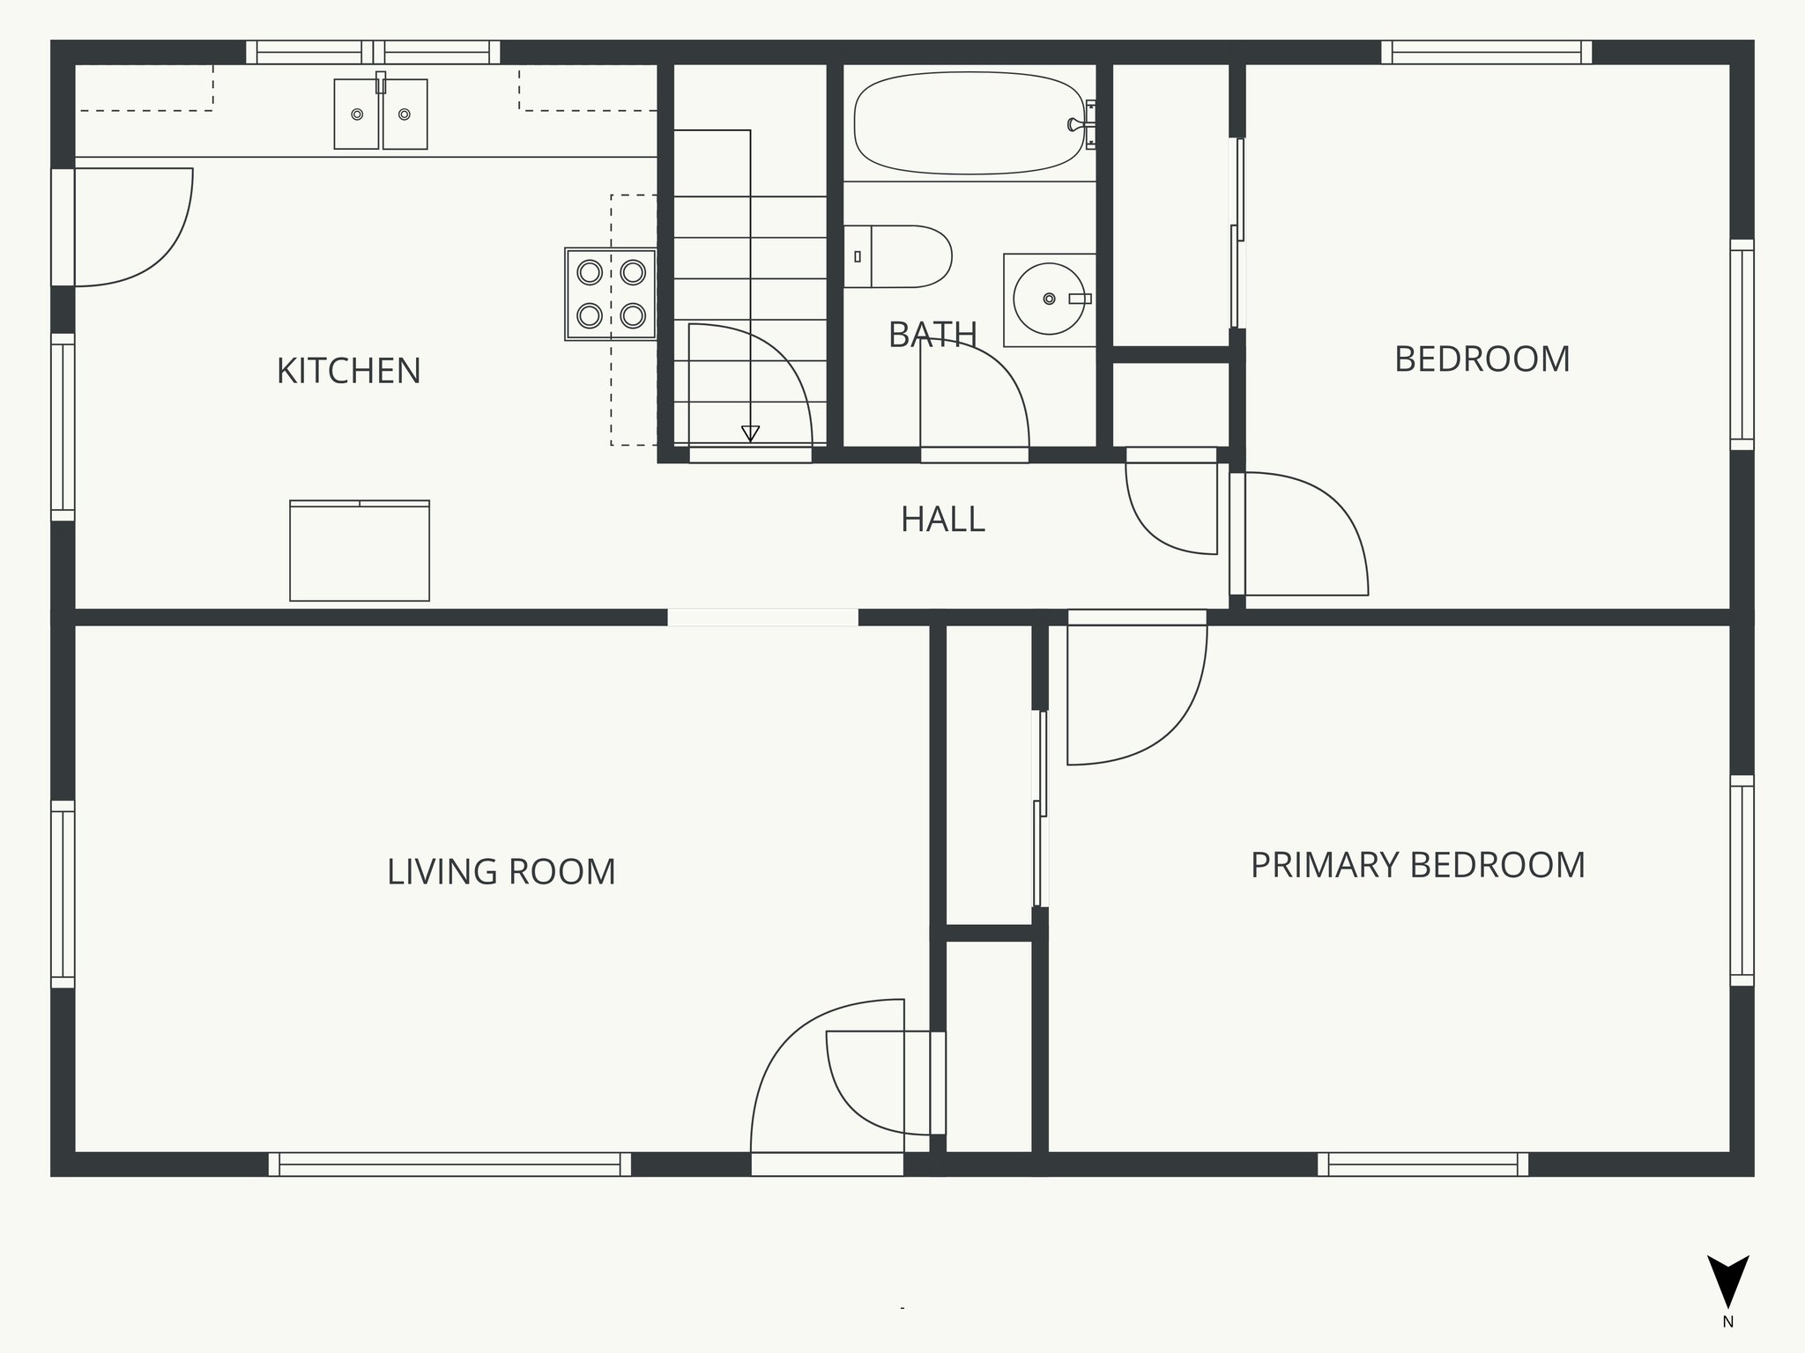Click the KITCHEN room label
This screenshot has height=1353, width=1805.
(349, 371)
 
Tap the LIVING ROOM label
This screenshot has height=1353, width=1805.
(501, 872)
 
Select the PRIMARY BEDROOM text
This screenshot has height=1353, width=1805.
(1417, 865)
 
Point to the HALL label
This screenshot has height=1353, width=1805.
(942, 520)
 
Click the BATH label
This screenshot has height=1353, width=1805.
(932, 335)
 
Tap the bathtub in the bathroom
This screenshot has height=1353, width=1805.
(968, 122)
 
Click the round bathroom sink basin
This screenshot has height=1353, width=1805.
(1048, 299)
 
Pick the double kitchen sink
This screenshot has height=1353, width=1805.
(381, 115)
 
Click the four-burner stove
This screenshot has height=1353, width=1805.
(611, 294)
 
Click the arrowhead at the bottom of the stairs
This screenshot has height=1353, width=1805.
(750, 433)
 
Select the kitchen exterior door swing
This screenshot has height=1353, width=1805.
(132, 227)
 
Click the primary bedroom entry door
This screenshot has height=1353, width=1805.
(1137, 691)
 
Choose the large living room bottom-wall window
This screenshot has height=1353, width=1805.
(449, 1164)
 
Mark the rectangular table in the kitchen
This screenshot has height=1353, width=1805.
(360, 551)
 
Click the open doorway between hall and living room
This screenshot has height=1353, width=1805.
(762, 617)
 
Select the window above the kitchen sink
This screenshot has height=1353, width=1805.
(374, 53)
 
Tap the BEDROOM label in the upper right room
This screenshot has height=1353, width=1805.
(1482, 359)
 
